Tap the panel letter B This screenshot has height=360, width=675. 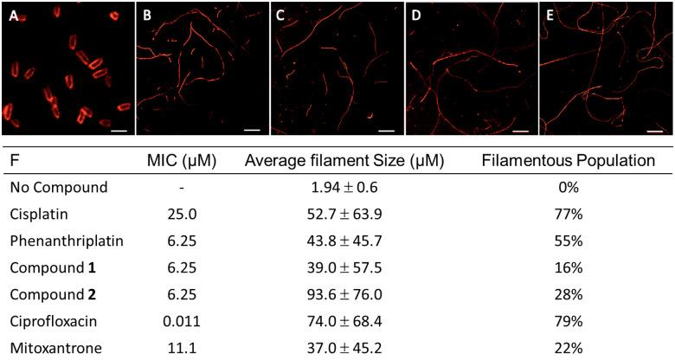(147, 15)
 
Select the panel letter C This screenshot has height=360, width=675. (280, 15)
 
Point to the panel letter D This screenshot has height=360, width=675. (415, 15)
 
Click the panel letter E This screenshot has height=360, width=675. (549, 15)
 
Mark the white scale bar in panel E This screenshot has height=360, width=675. (655, 132)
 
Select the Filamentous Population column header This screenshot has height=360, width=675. (569, 161)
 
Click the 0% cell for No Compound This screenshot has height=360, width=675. (569, 185)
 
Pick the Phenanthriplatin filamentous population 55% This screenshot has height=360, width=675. (569, 240)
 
